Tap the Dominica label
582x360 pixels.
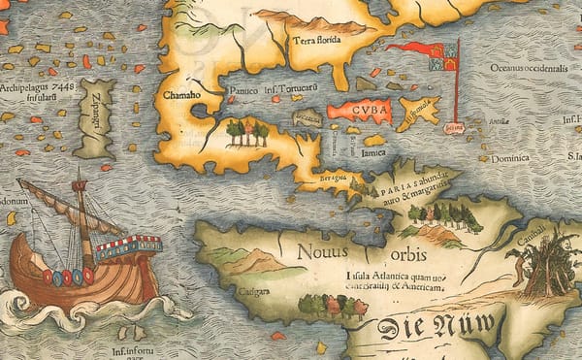pos(509,157)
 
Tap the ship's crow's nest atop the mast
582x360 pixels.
pos(80,184)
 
